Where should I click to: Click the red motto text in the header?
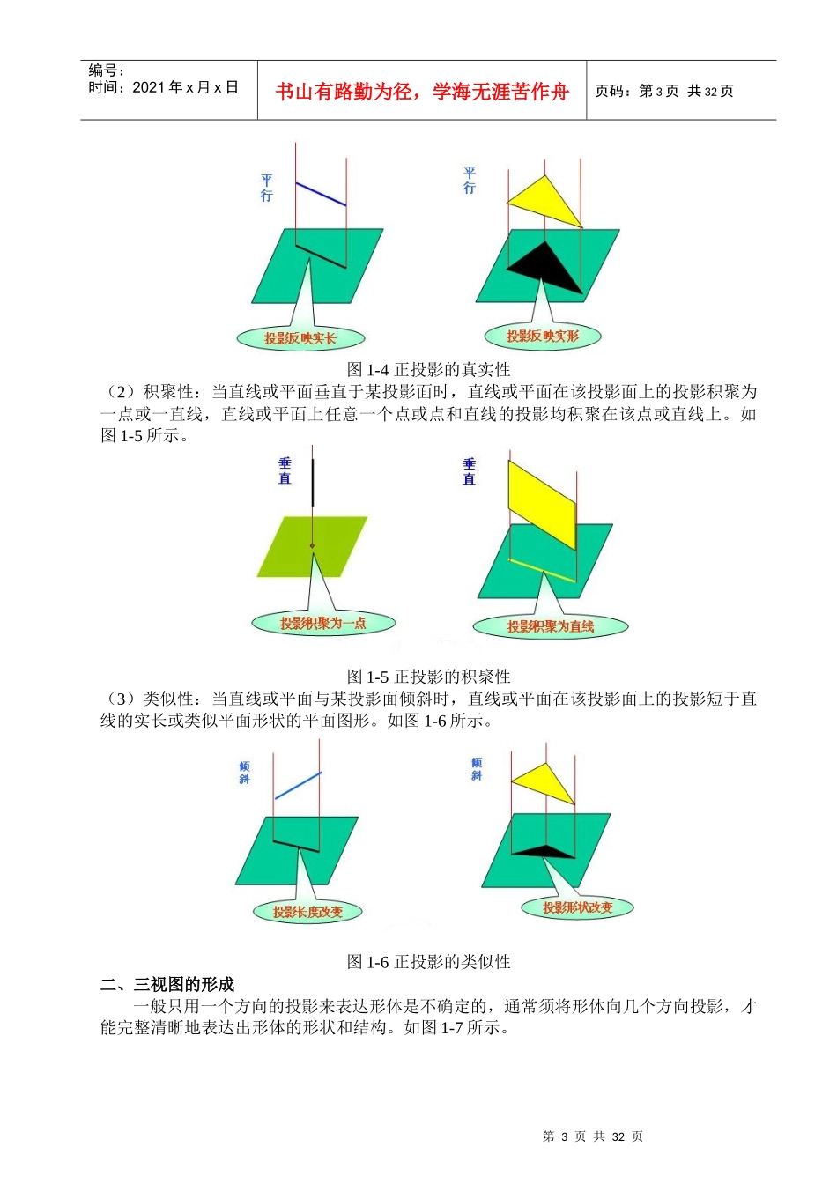click(422, 92)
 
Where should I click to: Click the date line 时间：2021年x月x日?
click(164, 87)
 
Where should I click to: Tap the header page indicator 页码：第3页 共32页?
click(664, 91)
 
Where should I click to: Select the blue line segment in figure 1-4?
click(321, 195)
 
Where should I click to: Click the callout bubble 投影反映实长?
click(300, 338)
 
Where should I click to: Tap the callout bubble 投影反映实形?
click(543, 336)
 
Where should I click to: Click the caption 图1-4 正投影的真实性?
click(429, 369)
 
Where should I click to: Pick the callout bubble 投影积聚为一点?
click(323, 624)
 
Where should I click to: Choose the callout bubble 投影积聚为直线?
click(551, 627)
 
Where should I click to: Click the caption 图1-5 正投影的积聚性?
click(429, 677)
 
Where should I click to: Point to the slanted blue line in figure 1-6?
click(298, 786)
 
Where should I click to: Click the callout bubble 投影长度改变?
click(307, 912)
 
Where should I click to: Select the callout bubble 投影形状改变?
click(577, 907)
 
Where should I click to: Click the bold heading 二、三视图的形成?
click(167, 984)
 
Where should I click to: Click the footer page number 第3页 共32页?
click(593, 1136)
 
